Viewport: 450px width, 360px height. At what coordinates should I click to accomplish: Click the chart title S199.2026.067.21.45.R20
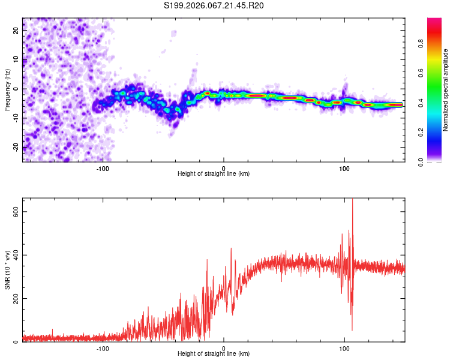pyautogui.click(x=214, y=6)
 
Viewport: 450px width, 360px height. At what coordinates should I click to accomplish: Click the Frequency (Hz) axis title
pyautogui.click(x=7, y=89)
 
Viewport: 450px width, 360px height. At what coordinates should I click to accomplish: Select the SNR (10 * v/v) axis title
pyautogui.click(x=7, y=271)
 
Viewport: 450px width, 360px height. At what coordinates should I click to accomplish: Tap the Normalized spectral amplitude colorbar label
pyautogui.click(x=446, y=90)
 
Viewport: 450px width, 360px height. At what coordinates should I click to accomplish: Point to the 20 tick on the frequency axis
pyautogui.click(x=16, y=31)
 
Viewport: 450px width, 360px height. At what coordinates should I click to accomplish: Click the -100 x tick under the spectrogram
pyautogui.click(x=103, y=169)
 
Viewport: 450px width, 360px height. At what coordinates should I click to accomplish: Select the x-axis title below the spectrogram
pyautogui.click(x=214, y=174)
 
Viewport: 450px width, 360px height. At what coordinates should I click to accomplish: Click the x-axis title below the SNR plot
pyautogui.click(x=214, y=354)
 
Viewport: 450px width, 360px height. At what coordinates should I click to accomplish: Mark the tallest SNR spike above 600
pyautogui.click(x=352, y=202)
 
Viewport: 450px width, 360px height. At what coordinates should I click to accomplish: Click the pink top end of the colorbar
pyautogui.click(x=434, y=21)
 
